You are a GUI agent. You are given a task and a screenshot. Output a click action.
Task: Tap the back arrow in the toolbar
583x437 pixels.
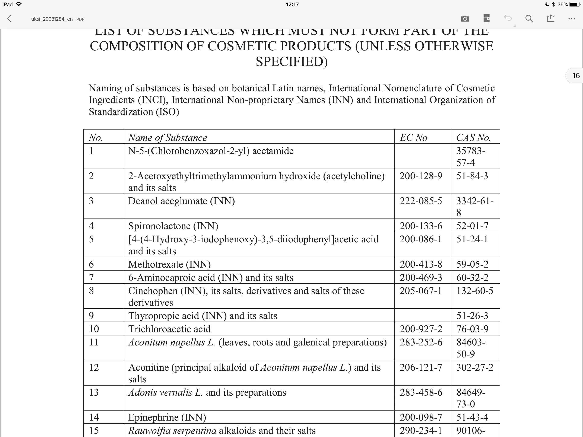coord(9,19)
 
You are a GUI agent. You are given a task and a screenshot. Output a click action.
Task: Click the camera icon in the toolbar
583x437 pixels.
coord(465,19)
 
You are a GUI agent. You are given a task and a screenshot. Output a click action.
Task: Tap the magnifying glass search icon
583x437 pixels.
coord(529,19)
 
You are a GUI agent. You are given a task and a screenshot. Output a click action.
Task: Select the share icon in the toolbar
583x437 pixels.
coord(550,19)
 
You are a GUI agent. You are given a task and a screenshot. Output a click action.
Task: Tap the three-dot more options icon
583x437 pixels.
coord(571,19)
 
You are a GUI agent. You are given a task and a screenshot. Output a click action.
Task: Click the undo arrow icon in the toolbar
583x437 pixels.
coord(508,18)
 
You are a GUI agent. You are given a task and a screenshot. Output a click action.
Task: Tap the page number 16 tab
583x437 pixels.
coord(576,76)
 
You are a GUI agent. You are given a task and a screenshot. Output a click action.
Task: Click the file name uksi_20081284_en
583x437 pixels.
coord(52,19)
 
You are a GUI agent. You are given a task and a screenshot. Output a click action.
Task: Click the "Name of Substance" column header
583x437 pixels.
coord(168,138)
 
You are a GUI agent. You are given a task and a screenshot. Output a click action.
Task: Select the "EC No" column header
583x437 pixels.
coord(413,138)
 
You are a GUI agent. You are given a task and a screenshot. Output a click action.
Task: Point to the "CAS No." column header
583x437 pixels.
coord(473,138)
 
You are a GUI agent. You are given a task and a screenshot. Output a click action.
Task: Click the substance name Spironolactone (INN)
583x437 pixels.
coord(173,226)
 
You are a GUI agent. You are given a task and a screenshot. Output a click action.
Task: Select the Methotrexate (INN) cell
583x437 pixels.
coord(169,264)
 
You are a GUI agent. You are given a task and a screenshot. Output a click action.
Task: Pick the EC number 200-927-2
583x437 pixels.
coord(421,329)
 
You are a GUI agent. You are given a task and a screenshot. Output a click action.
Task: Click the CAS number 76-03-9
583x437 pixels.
coord(472,329)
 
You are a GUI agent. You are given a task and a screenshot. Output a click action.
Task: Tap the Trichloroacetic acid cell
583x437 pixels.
coord(169,329)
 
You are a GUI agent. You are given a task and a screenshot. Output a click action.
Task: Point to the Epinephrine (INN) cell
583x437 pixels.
coord(167,417)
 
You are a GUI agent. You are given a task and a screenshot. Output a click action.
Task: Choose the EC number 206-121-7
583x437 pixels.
coord(421,367)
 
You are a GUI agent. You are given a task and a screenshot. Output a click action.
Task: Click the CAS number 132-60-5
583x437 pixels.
coord(475,291)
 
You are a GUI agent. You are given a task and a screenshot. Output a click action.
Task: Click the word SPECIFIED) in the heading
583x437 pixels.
coord(291,62)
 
